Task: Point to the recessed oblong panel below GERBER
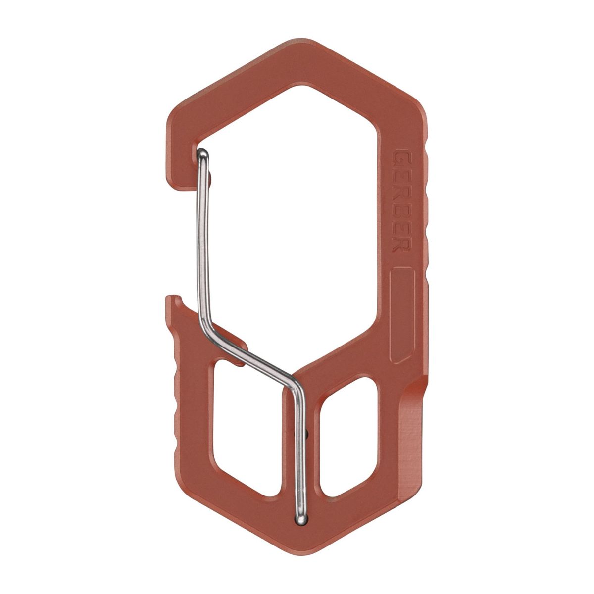402,314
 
